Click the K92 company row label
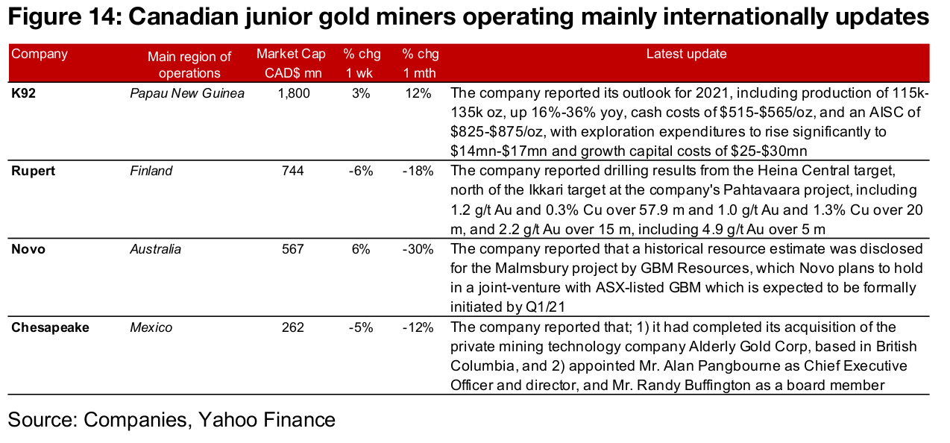[23, 93]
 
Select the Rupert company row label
[32, 171]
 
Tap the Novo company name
[28, 249]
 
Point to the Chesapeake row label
[50, 327]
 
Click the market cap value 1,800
[295, 93]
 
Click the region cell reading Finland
[151, 171]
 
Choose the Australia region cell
[155, 249]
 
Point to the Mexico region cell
[151, 327]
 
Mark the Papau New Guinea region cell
[187, 93]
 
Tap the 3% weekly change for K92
[362, 93]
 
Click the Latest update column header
[686, 54]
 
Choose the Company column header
[40, 54]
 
